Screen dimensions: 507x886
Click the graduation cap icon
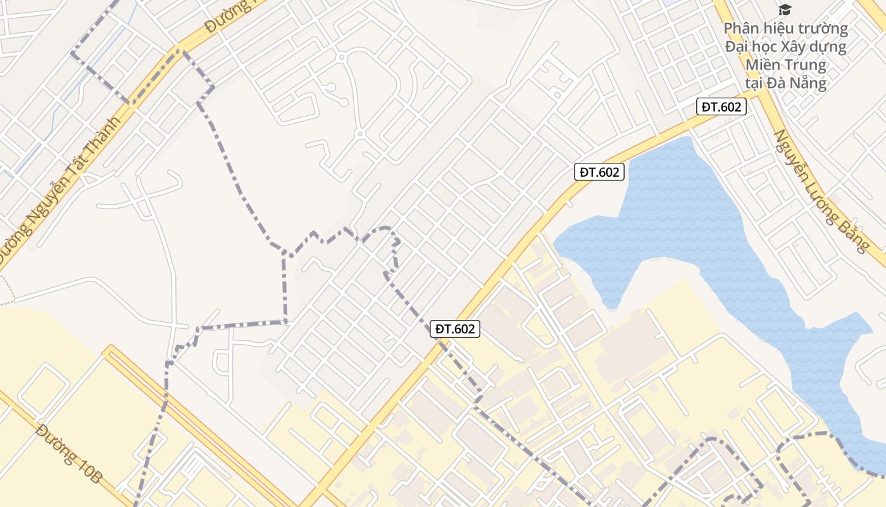[x=785, y=9]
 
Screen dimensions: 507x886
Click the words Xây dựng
[x=814, y=47]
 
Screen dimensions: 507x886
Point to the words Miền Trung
[x=786, y=65]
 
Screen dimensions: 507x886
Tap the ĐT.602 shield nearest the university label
[x=721, y=107]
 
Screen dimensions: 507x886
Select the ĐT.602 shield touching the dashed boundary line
[x=454, y=329]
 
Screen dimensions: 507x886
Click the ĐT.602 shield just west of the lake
[x=599, y=172]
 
